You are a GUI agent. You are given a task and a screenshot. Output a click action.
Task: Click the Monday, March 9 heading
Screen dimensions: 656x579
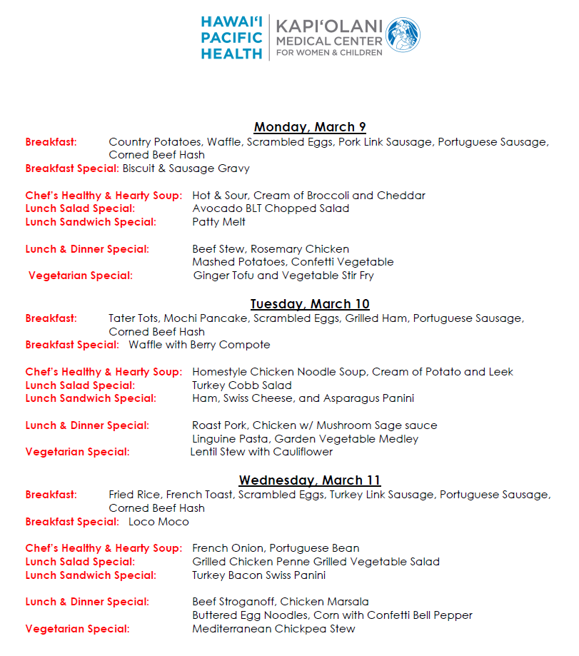click(x=310, y=127)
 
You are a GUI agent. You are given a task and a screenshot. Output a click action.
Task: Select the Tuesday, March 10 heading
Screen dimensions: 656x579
click(x=310, y=304)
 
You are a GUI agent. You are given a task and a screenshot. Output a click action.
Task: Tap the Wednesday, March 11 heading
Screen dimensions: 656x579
click(x=310, y=480)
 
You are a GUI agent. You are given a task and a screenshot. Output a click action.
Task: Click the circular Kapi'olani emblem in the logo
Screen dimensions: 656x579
click(x=403, y=35)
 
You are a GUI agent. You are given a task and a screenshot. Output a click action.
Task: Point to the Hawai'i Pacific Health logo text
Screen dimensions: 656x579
click(x=231, y=38)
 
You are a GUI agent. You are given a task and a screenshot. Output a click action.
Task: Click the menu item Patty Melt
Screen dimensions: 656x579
click(x=218, y=222)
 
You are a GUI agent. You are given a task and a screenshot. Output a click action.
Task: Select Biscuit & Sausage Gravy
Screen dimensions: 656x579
click(x=186, y=168)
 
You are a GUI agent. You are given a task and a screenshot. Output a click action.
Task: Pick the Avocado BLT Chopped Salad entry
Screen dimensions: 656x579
click(x=271, y=208)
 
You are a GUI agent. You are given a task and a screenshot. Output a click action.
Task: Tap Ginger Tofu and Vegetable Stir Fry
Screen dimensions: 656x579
click(x=283, y=276)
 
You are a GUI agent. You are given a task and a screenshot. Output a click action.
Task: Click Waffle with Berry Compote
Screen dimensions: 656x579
click(x=199, y=345)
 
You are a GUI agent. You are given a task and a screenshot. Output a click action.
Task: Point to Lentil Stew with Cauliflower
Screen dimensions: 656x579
click(x=261, y=452)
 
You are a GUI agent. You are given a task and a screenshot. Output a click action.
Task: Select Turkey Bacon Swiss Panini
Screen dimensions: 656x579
click(x=258, y=575)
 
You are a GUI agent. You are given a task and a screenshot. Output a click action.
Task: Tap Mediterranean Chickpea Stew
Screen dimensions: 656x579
click(x=273, y=629)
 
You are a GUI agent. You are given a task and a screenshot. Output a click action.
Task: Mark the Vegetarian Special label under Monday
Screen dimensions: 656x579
click(x=80, y=276)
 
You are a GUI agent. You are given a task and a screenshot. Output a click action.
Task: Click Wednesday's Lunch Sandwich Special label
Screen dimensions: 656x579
click(x=90, y=575)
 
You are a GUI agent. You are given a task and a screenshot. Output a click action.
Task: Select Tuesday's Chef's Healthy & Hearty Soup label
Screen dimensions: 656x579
click(x=104, y=372)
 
